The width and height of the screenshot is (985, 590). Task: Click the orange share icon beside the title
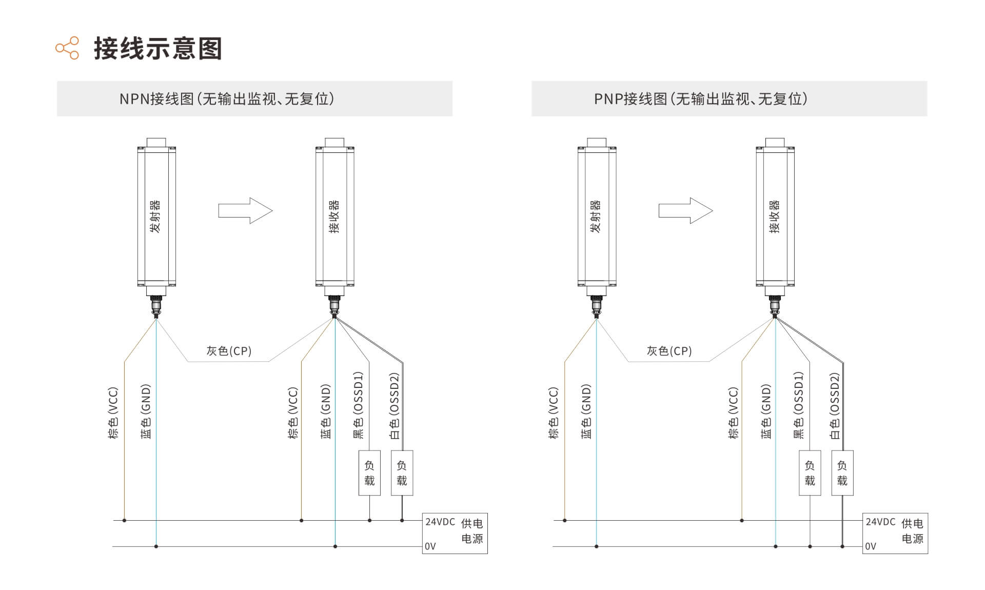tap(67, 48)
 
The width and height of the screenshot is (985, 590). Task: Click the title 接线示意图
tap(158, 49)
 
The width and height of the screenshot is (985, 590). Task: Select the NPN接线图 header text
tap(156, 99)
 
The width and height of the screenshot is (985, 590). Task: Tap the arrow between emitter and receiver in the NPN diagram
tap(245, 210)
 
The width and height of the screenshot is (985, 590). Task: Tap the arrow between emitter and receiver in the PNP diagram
tap(685, 210)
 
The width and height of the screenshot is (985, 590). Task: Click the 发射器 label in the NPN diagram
tap(155, 217)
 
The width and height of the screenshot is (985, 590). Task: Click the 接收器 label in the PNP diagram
tap(775, 217)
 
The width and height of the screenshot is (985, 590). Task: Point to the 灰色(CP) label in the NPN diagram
tap(229, 351)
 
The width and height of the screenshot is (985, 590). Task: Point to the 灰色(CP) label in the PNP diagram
tap(669, 351)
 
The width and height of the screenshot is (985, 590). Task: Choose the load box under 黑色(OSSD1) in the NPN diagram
tap(369, 473)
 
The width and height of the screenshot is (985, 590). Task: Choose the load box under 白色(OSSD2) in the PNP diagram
tap(842, 473)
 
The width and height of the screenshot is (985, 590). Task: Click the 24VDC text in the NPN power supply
tap(440, 522)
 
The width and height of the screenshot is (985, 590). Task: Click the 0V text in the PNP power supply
tap(871, 546)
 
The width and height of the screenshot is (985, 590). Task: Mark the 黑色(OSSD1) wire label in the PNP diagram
tap(798, 405)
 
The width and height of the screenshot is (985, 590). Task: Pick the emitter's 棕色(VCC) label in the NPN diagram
tap(113, 413)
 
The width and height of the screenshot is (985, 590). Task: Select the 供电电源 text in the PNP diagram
tap(913, 531)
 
